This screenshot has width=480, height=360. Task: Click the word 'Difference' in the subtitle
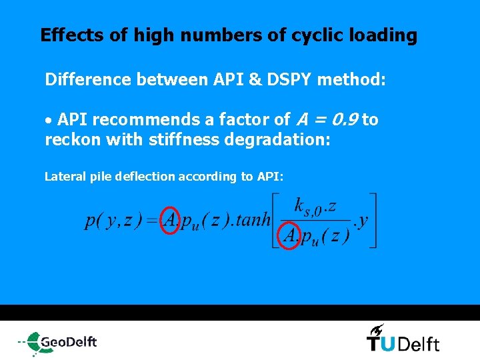click(88, 80)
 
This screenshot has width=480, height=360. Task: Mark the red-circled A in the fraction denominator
click(291, 235)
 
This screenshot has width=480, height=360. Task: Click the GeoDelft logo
click(59, 343)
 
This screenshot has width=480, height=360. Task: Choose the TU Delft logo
click(403, 343)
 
